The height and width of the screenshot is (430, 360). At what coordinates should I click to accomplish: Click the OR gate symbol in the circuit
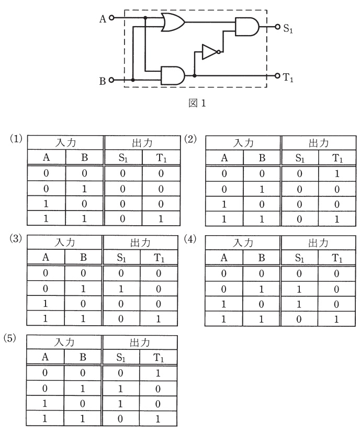pos(173,22)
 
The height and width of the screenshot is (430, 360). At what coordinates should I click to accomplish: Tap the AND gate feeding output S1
pos(247,27)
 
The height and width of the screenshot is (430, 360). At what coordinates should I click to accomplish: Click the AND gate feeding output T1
pos(173,75)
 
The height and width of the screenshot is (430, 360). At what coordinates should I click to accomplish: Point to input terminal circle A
pos(111,18)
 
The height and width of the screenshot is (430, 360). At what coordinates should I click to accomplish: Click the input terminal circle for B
pos(111,80)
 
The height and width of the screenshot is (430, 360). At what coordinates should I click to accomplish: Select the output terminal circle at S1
pos(277,27)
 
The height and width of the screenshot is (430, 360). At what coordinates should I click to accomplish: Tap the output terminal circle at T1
pos(277,76)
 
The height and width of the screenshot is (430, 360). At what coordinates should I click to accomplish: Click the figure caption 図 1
pos(197,103)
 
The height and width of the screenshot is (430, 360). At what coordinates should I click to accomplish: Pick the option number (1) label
pos(16,139)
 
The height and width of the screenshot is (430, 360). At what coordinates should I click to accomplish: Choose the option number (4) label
pos(190,239)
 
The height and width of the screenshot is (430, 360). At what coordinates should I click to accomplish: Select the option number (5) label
pos(10,338)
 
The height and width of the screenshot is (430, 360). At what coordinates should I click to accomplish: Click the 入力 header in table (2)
pos(243,143)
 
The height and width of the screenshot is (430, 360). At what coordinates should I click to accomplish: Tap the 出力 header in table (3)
pos(140,242)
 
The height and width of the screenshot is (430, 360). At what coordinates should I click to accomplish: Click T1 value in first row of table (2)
pos(337,173)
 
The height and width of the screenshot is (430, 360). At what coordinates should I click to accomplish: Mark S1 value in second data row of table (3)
pos(121,289)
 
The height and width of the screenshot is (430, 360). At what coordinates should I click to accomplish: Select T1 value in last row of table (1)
pos(161,218)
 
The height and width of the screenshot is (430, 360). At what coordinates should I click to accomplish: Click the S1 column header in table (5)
pos(121,357)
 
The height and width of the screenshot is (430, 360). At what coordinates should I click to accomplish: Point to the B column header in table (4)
pos(262,258)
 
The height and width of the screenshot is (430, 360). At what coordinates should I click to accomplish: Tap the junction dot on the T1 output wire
pos(195,75)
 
